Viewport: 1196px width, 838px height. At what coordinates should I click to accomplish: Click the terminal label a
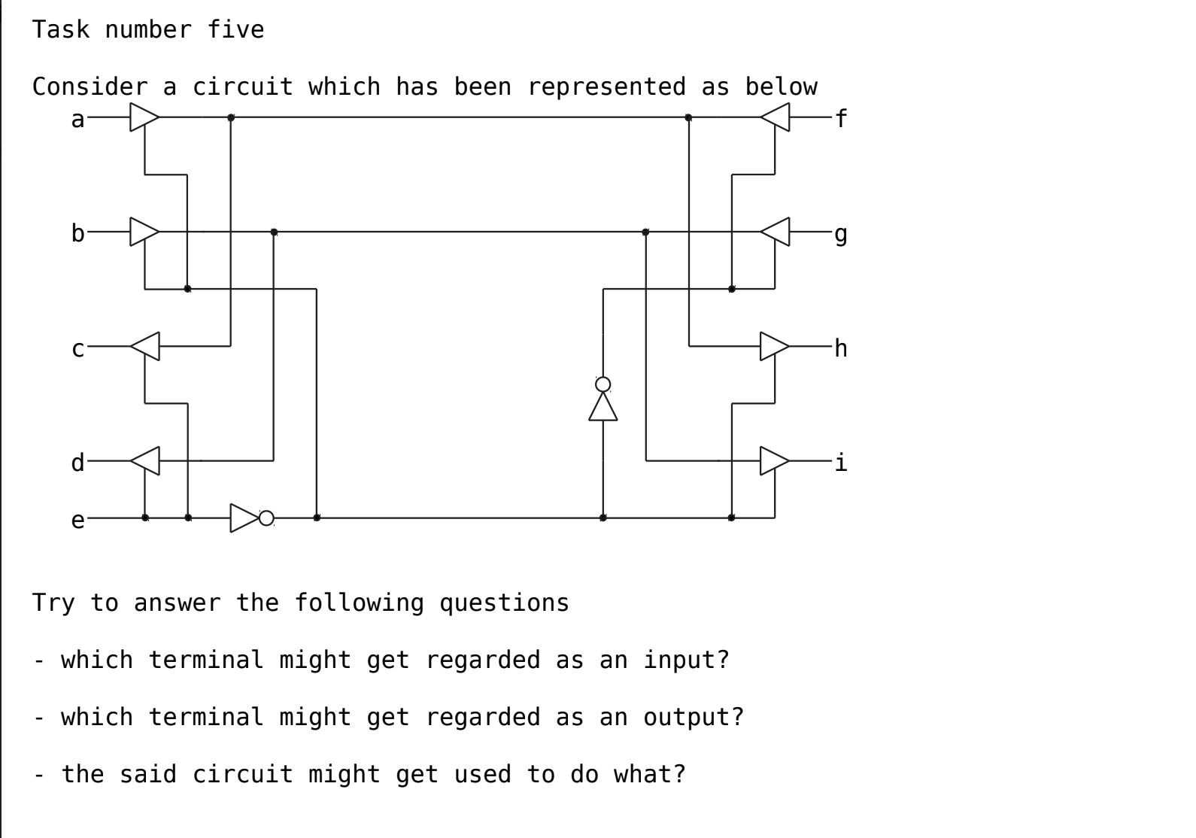77,119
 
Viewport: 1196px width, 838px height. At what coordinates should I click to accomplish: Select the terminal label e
77,520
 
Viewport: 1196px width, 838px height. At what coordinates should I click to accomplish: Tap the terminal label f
841,119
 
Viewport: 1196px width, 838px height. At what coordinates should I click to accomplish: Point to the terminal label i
841,462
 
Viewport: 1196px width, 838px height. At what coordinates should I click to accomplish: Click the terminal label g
841,234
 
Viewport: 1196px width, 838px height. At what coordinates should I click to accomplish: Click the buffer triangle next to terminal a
143,117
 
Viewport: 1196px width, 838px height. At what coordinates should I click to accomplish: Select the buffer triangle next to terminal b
143,232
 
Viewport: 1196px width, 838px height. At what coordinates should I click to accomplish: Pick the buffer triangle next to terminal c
146,346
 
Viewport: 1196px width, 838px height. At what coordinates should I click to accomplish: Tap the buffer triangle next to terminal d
146,460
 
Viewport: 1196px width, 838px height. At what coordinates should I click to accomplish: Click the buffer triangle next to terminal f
776,117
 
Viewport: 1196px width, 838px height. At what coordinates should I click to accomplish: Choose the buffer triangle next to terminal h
773,346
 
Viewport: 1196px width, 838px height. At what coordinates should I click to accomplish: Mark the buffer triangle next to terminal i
773,460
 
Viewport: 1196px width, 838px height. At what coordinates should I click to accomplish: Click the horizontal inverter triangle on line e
243,518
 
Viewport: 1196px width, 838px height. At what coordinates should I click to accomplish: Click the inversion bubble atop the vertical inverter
603,384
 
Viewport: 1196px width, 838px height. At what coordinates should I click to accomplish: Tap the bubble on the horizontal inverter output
266,518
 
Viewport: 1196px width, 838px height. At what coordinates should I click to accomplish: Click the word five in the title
235,30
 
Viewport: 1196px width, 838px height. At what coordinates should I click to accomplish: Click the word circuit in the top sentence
243,87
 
